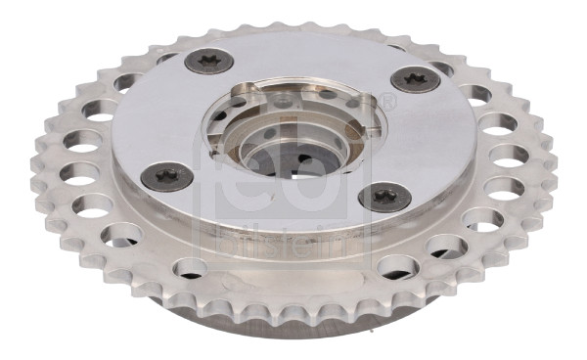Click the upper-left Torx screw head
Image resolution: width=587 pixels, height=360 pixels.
tap(209, 62)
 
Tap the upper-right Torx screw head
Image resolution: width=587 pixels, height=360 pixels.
tap(415, 79)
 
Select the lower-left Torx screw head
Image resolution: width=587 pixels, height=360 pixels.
tap(166, 177)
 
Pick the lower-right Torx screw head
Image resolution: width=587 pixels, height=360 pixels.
tap(384, 197)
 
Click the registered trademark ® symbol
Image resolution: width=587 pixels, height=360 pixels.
tap(388, 102)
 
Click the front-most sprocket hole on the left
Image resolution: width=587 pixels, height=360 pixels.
tap(191, 269)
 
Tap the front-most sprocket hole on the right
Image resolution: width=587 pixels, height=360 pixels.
tap(398, 268)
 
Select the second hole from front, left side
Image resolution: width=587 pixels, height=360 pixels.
tap(122, 236)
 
